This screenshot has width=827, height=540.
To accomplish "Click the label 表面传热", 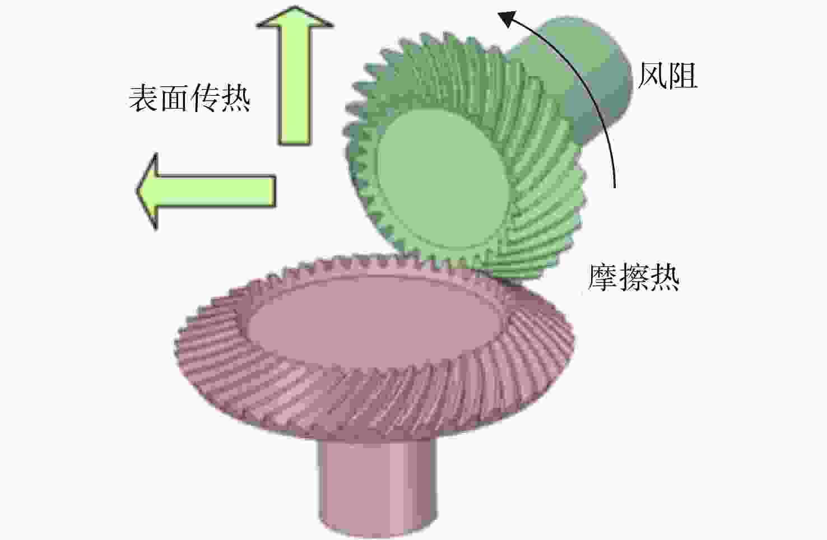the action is [x=190, y=98].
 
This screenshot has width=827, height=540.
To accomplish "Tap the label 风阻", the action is [x=667, y=75].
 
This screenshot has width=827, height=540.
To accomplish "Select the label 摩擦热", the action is [x=634, y=277].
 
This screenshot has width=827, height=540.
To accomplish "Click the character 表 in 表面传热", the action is [x=143, y=98].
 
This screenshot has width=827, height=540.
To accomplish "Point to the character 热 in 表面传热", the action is [x=236, y=98].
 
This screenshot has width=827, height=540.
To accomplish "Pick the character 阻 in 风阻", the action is [x=683, y=75].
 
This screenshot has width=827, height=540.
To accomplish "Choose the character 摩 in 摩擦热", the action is [x=603, y=277].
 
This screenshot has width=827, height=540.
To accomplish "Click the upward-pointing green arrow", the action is [x=295, y=75].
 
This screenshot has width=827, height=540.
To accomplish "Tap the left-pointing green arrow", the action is [x=206, y=191].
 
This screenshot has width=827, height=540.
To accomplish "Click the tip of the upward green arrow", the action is [x=295, y=6].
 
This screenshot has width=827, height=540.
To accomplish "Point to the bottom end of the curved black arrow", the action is [x=615, y=188].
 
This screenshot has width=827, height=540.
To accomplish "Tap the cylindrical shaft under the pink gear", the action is [x=377, y=487].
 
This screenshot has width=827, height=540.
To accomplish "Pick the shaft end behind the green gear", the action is [x=587, y=74].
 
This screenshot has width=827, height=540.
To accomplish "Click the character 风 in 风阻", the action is [x=652, y=75].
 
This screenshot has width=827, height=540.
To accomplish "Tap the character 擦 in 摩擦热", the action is [x=634, y=277].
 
